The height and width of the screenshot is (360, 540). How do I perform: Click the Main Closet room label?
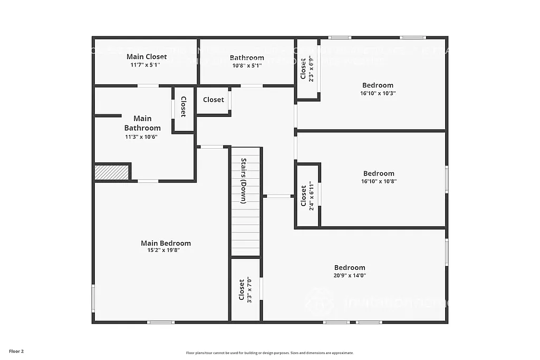click(147, 56)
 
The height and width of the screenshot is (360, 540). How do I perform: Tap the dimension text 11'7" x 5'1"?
click(145, 65)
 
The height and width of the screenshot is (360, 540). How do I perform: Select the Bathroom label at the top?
click(247, 57)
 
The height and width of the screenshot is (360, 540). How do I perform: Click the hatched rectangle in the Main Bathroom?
click(112, 172)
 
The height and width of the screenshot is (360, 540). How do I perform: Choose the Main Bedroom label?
click(166, 243)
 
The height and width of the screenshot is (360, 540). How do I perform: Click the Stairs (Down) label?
click(244, 181)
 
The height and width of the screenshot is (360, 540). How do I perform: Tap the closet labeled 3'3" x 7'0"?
click(245, 290)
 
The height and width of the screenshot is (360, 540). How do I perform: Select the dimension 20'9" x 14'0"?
click(350, 275)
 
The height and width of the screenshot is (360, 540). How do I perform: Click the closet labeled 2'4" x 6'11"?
click(307, 196)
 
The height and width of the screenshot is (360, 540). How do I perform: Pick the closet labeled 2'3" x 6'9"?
click(307, 69)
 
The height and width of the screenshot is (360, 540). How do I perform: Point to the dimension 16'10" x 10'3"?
click(378, 93)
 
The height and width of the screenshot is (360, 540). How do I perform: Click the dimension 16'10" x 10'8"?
click(379, 181)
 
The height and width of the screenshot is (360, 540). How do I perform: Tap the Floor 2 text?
click(16, 351)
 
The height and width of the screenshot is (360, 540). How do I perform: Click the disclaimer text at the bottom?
click(269, 353)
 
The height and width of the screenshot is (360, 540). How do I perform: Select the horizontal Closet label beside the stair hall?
click(213, 100)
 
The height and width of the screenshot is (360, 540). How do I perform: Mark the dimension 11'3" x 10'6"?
click(141, 137)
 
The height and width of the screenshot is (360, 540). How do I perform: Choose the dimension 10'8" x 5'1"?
click(246, 65)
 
